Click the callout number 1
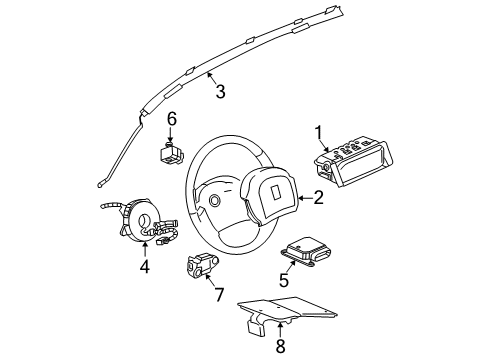320,132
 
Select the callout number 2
318,198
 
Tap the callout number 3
219,92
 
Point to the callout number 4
144,267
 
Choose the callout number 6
171,119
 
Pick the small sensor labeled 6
171,154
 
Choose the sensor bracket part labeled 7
201,266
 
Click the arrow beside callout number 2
302,198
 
